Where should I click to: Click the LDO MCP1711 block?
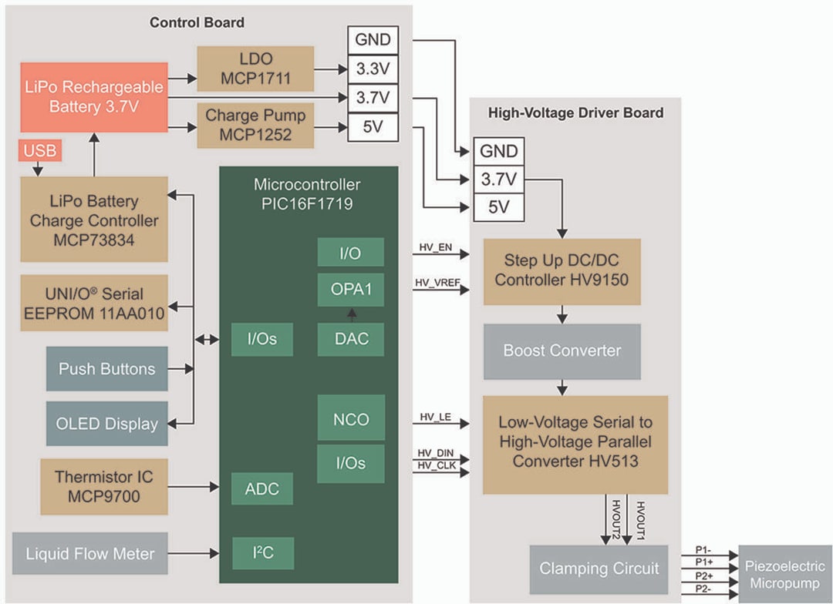pyautogui.click(x=255, y=69)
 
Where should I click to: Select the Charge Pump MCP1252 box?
pyautogui.click(x=255, y=126)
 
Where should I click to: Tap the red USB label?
pyautogui.click(x=39, y=151)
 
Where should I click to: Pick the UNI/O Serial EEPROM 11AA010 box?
pyautogui.click(x=94, y=304)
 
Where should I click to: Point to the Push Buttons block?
pyautogui.click(x=106, y=369)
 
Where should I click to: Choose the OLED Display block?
pyautogui.click(x=106, y=424)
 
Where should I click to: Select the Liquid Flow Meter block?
pyautogui.click(x=90, y=553)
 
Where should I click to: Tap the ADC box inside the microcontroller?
pyautogui.click(x=262, y=489)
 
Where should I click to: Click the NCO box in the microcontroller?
pyautogui.click(x=350, y=420)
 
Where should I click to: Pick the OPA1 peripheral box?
pyautogui.click(x=350, y=290)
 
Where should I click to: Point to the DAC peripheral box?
pyautogui.click(x=350, y=339)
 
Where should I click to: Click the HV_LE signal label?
pyautogui.click(x=434, y=417)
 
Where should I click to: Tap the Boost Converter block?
pyautogui.click(x=562, y=351)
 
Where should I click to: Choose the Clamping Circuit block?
pyautogui.click(x=599, y=569)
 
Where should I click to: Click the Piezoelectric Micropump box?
pyautogui.click(x=784, y=575)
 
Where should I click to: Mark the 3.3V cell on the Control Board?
pyautogui.click(x=373, y=69)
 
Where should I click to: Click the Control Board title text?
pyautogui.click(x=197, y=22)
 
